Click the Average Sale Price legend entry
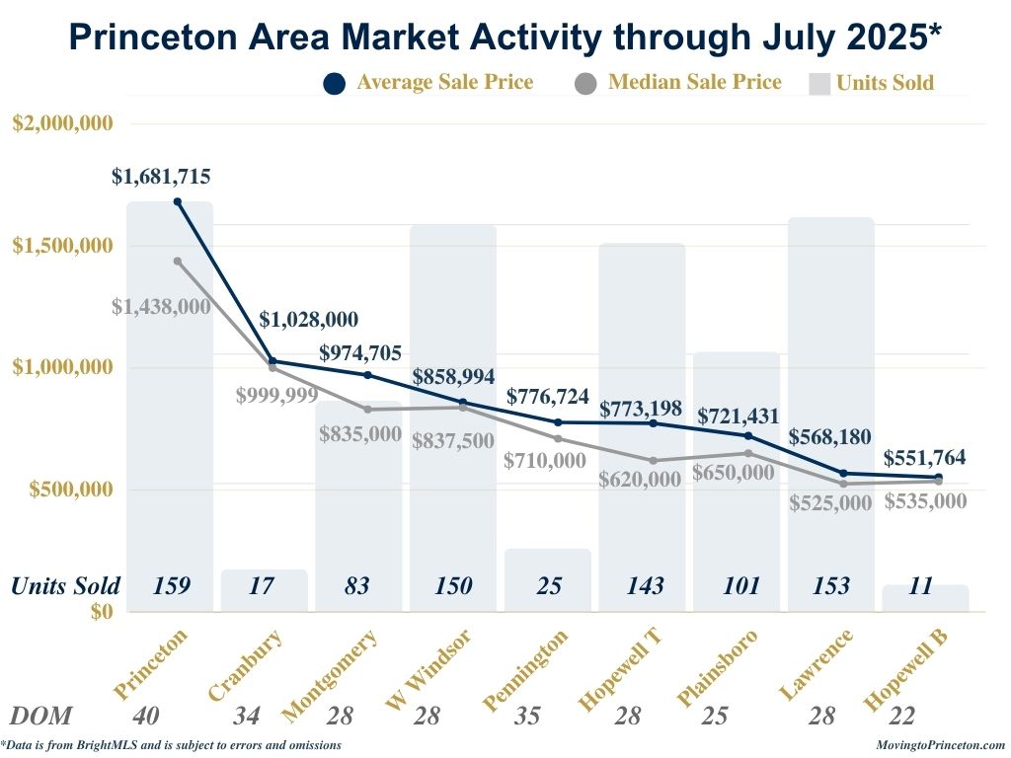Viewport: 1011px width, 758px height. (429, 83)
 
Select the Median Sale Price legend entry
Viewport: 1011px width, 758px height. (678, 83)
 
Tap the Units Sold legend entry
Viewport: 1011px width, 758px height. (872, 84)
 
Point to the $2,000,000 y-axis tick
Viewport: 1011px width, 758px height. (62, 123)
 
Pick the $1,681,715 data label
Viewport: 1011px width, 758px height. (161, 178)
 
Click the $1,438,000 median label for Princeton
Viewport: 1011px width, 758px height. (161, 307)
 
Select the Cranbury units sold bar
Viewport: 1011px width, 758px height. (264, 589)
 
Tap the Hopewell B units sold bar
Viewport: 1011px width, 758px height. (925, 596)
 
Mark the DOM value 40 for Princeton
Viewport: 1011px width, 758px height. (144, 717)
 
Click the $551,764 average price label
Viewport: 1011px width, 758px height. (924, 458)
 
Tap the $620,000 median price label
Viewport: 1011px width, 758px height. (640, 480)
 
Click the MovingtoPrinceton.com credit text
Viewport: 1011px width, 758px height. (940, 745)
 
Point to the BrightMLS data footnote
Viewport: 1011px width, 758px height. (172, 745)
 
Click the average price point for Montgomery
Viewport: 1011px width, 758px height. (367, 375)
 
